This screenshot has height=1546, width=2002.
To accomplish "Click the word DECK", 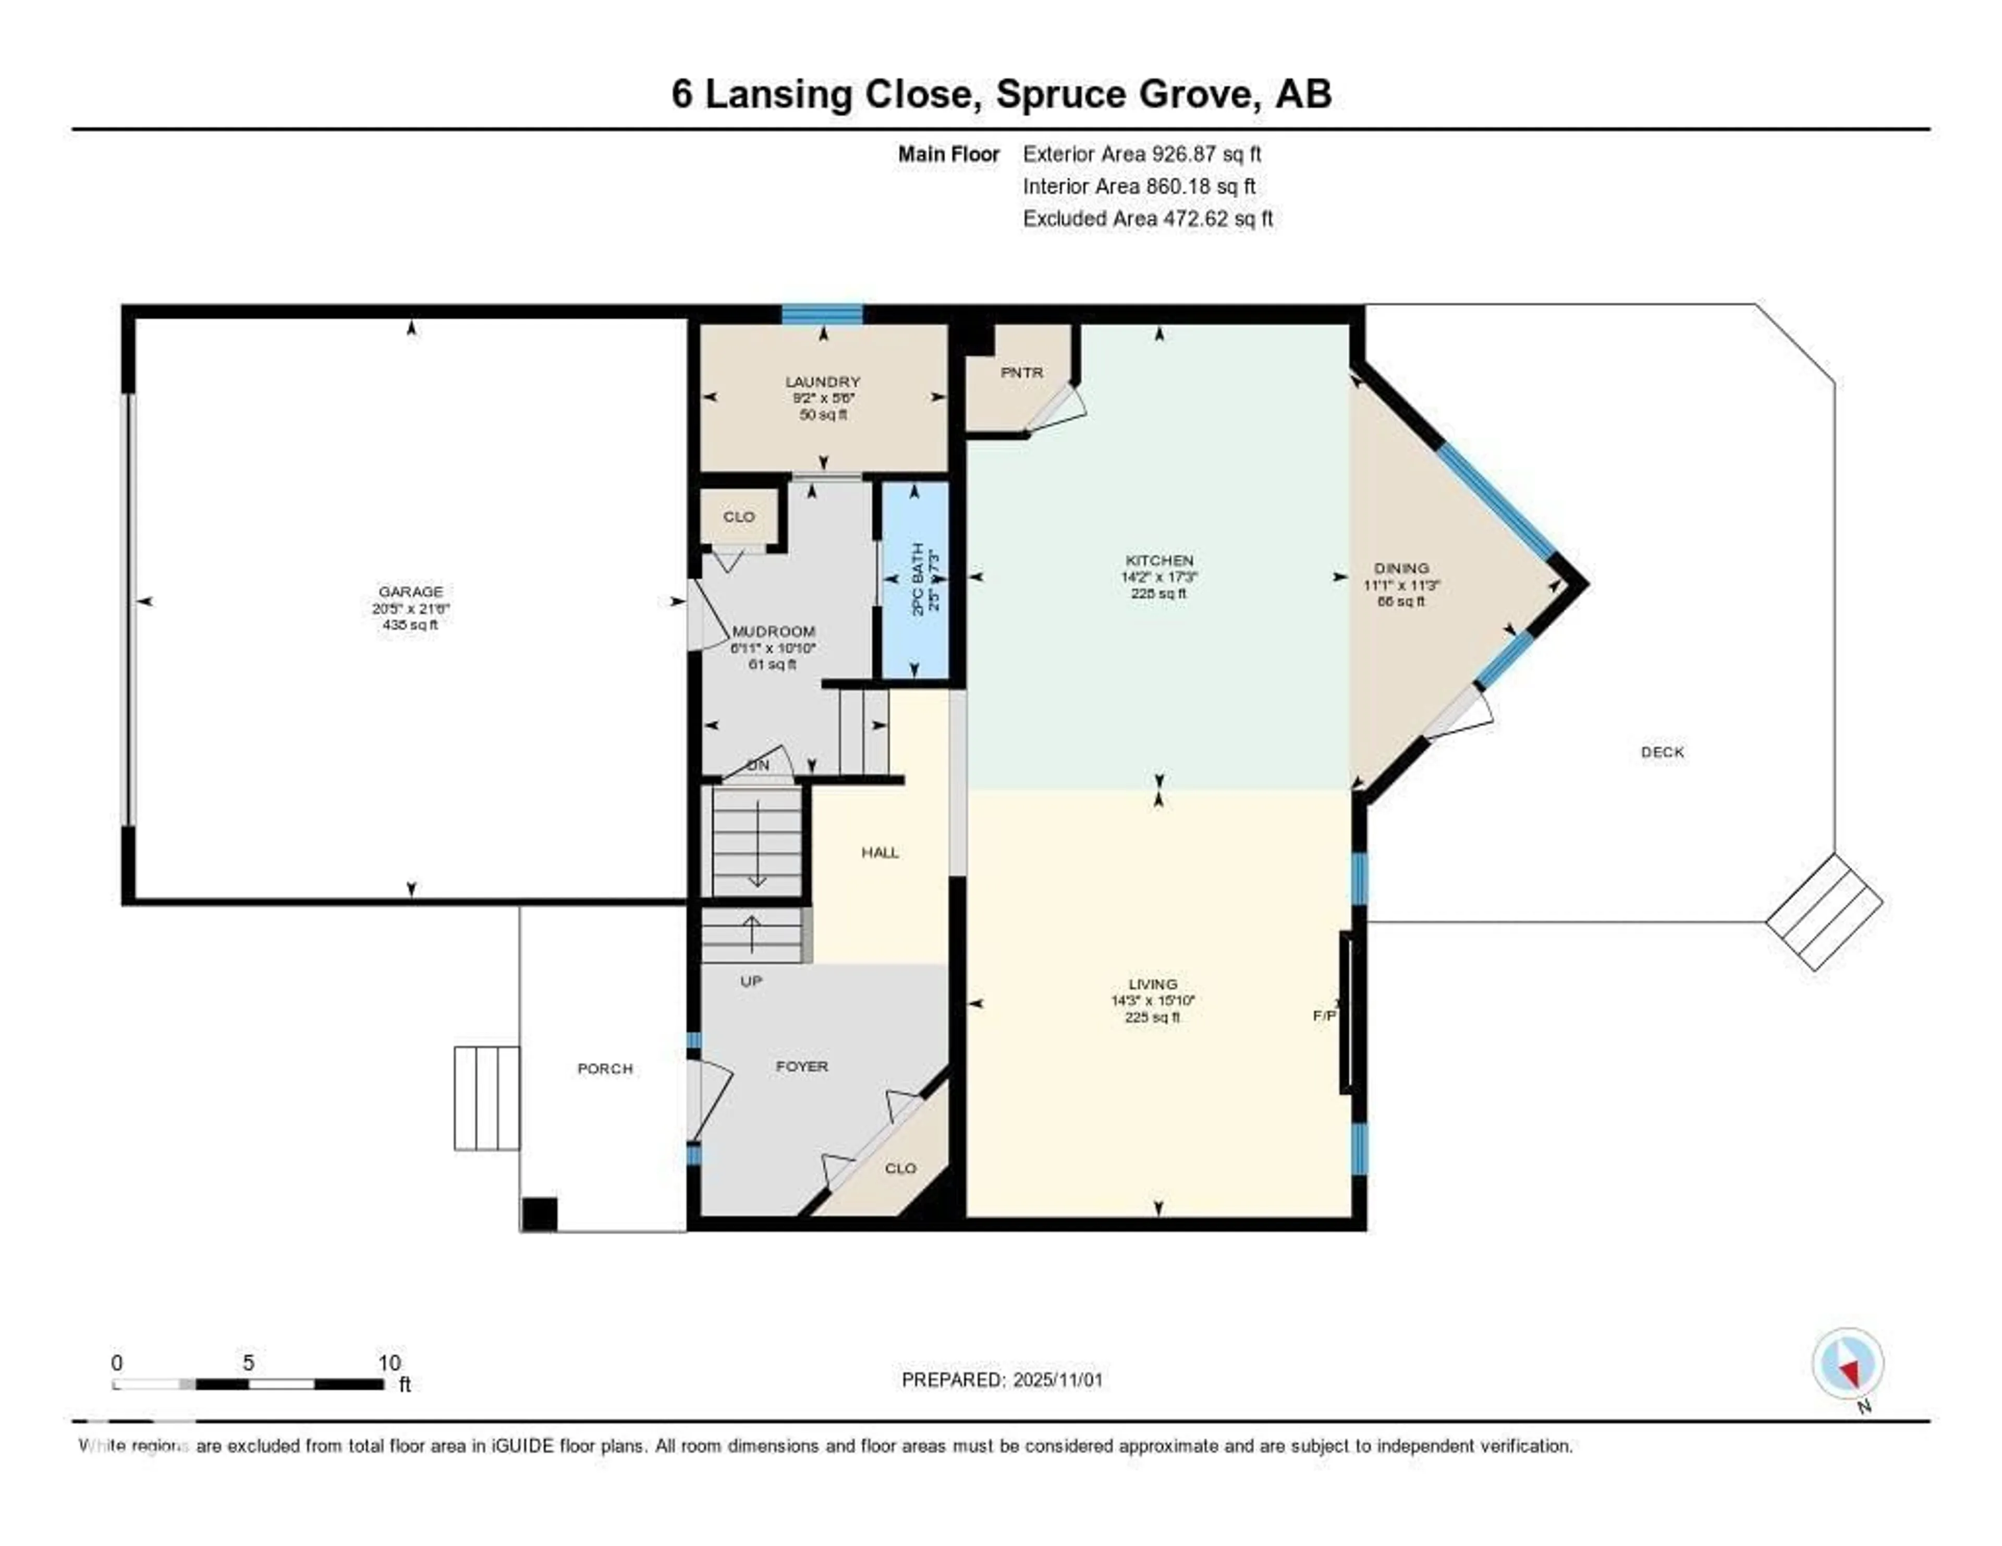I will (x=1662, y=752).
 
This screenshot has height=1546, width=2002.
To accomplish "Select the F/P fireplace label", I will (x=1324, y=1015).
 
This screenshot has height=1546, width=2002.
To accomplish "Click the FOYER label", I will (x=801, y=1066).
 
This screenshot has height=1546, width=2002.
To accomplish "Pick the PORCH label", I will (x=604, y=1069).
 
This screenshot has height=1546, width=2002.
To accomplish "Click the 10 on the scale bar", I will (x=388, y=1363).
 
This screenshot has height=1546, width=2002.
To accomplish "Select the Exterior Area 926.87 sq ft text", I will (x=1141, y=154).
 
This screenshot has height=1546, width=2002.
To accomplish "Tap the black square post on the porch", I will (x=539, y=1214).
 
